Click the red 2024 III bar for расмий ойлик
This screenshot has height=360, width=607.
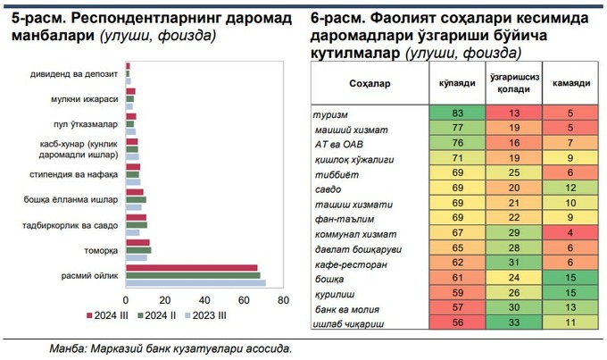click(192, 267)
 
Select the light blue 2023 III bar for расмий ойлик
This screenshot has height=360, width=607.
click(195, 282)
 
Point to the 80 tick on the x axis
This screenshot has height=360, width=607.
click(284, 300)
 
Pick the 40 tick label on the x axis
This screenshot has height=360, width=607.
click(205, 300)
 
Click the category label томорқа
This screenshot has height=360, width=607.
click(104, 250)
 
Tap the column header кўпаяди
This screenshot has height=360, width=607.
click(457, 83)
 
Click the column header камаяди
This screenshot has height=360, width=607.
click(570, 83)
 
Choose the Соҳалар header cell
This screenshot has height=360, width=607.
click(366, 83)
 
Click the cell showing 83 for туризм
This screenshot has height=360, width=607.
click(457, 113)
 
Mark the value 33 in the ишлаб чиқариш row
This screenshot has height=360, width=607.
click(514, 321)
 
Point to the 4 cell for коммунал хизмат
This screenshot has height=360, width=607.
click(570, 231)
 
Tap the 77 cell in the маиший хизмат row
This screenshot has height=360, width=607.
click(457, 128)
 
